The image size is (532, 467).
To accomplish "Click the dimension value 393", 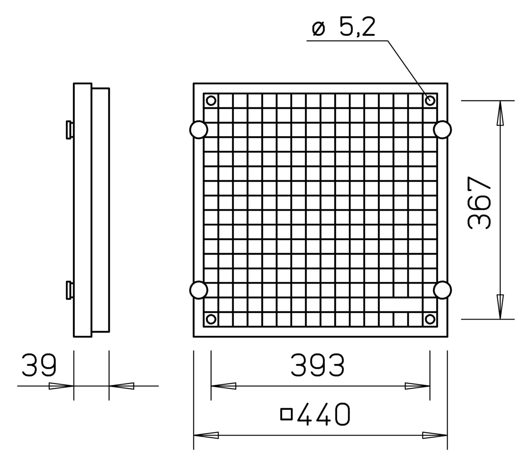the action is [x=317, y=365].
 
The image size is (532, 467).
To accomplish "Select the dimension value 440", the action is [x=323, y=414].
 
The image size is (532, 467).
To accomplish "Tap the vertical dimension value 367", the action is [x=479, y=202].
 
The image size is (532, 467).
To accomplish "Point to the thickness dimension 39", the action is [x=39, y=365].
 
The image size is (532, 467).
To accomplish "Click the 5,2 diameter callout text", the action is [x=357, y=26].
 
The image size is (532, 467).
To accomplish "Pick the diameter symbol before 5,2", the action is [x=319, y=29].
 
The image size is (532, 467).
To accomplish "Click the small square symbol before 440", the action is [x=287, y=414].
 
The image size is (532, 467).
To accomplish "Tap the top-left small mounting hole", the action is [x=211, y=100].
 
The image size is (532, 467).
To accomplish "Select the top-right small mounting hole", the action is [x=430, y=100].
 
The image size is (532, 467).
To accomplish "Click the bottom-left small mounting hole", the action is [x=211, y=319].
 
